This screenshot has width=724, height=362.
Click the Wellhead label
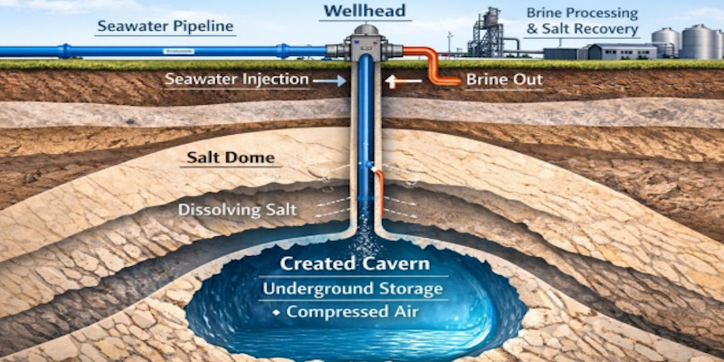[x=365, y=11]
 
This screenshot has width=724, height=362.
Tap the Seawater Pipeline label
[x=166, y=27]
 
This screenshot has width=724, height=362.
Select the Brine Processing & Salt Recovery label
[x=583, y=21]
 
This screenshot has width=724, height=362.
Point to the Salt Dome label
[x=231, y=157]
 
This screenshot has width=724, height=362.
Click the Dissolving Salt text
[x=237, y=210]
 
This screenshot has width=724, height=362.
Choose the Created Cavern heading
[x=355, y=264]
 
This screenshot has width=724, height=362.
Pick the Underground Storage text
[x=353, y=289]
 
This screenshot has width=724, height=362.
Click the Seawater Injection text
[x=237, y=80]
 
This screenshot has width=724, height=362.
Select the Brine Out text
[x=504, y=80]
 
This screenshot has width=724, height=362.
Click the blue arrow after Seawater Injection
[x=329, y=81]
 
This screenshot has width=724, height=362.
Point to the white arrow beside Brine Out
[x=403, y=81]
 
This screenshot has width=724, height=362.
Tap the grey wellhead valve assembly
[x=365, y=43]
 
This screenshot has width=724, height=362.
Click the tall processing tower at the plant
[x=487, y=32]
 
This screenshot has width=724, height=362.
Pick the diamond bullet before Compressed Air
[x=276, y=312]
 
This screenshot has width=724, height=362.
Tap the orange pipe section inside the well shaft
[x=379, y=193]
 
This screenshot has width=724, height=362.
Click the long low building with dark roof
[x=622, y=52]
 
